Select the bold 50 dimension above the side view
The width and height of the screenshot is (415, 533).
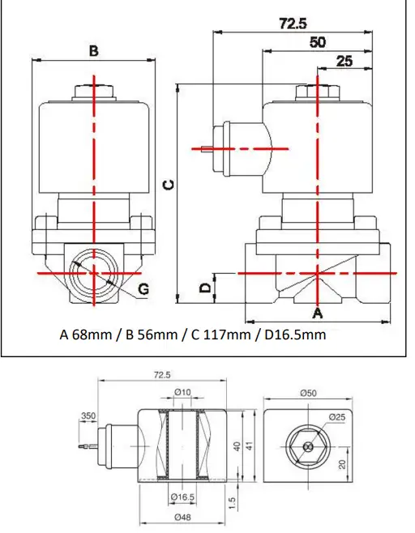318,41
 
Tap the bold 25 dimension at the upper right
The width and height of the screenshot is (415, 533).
344,61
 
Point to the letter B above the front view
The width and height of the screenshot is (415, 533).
94,50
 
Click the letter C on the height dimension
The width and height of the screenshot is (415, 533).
167,185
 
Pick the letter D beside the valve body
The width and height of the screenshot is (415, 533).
206,287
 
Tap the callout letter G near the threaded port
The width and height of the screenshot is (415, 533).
143,289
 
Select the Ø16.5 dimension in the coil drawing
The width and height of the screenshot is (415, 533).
182,497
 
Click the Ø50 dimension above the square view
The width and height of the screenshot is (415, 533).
307,392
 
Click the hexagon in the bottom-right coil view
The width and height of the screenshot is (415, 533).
306,446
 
